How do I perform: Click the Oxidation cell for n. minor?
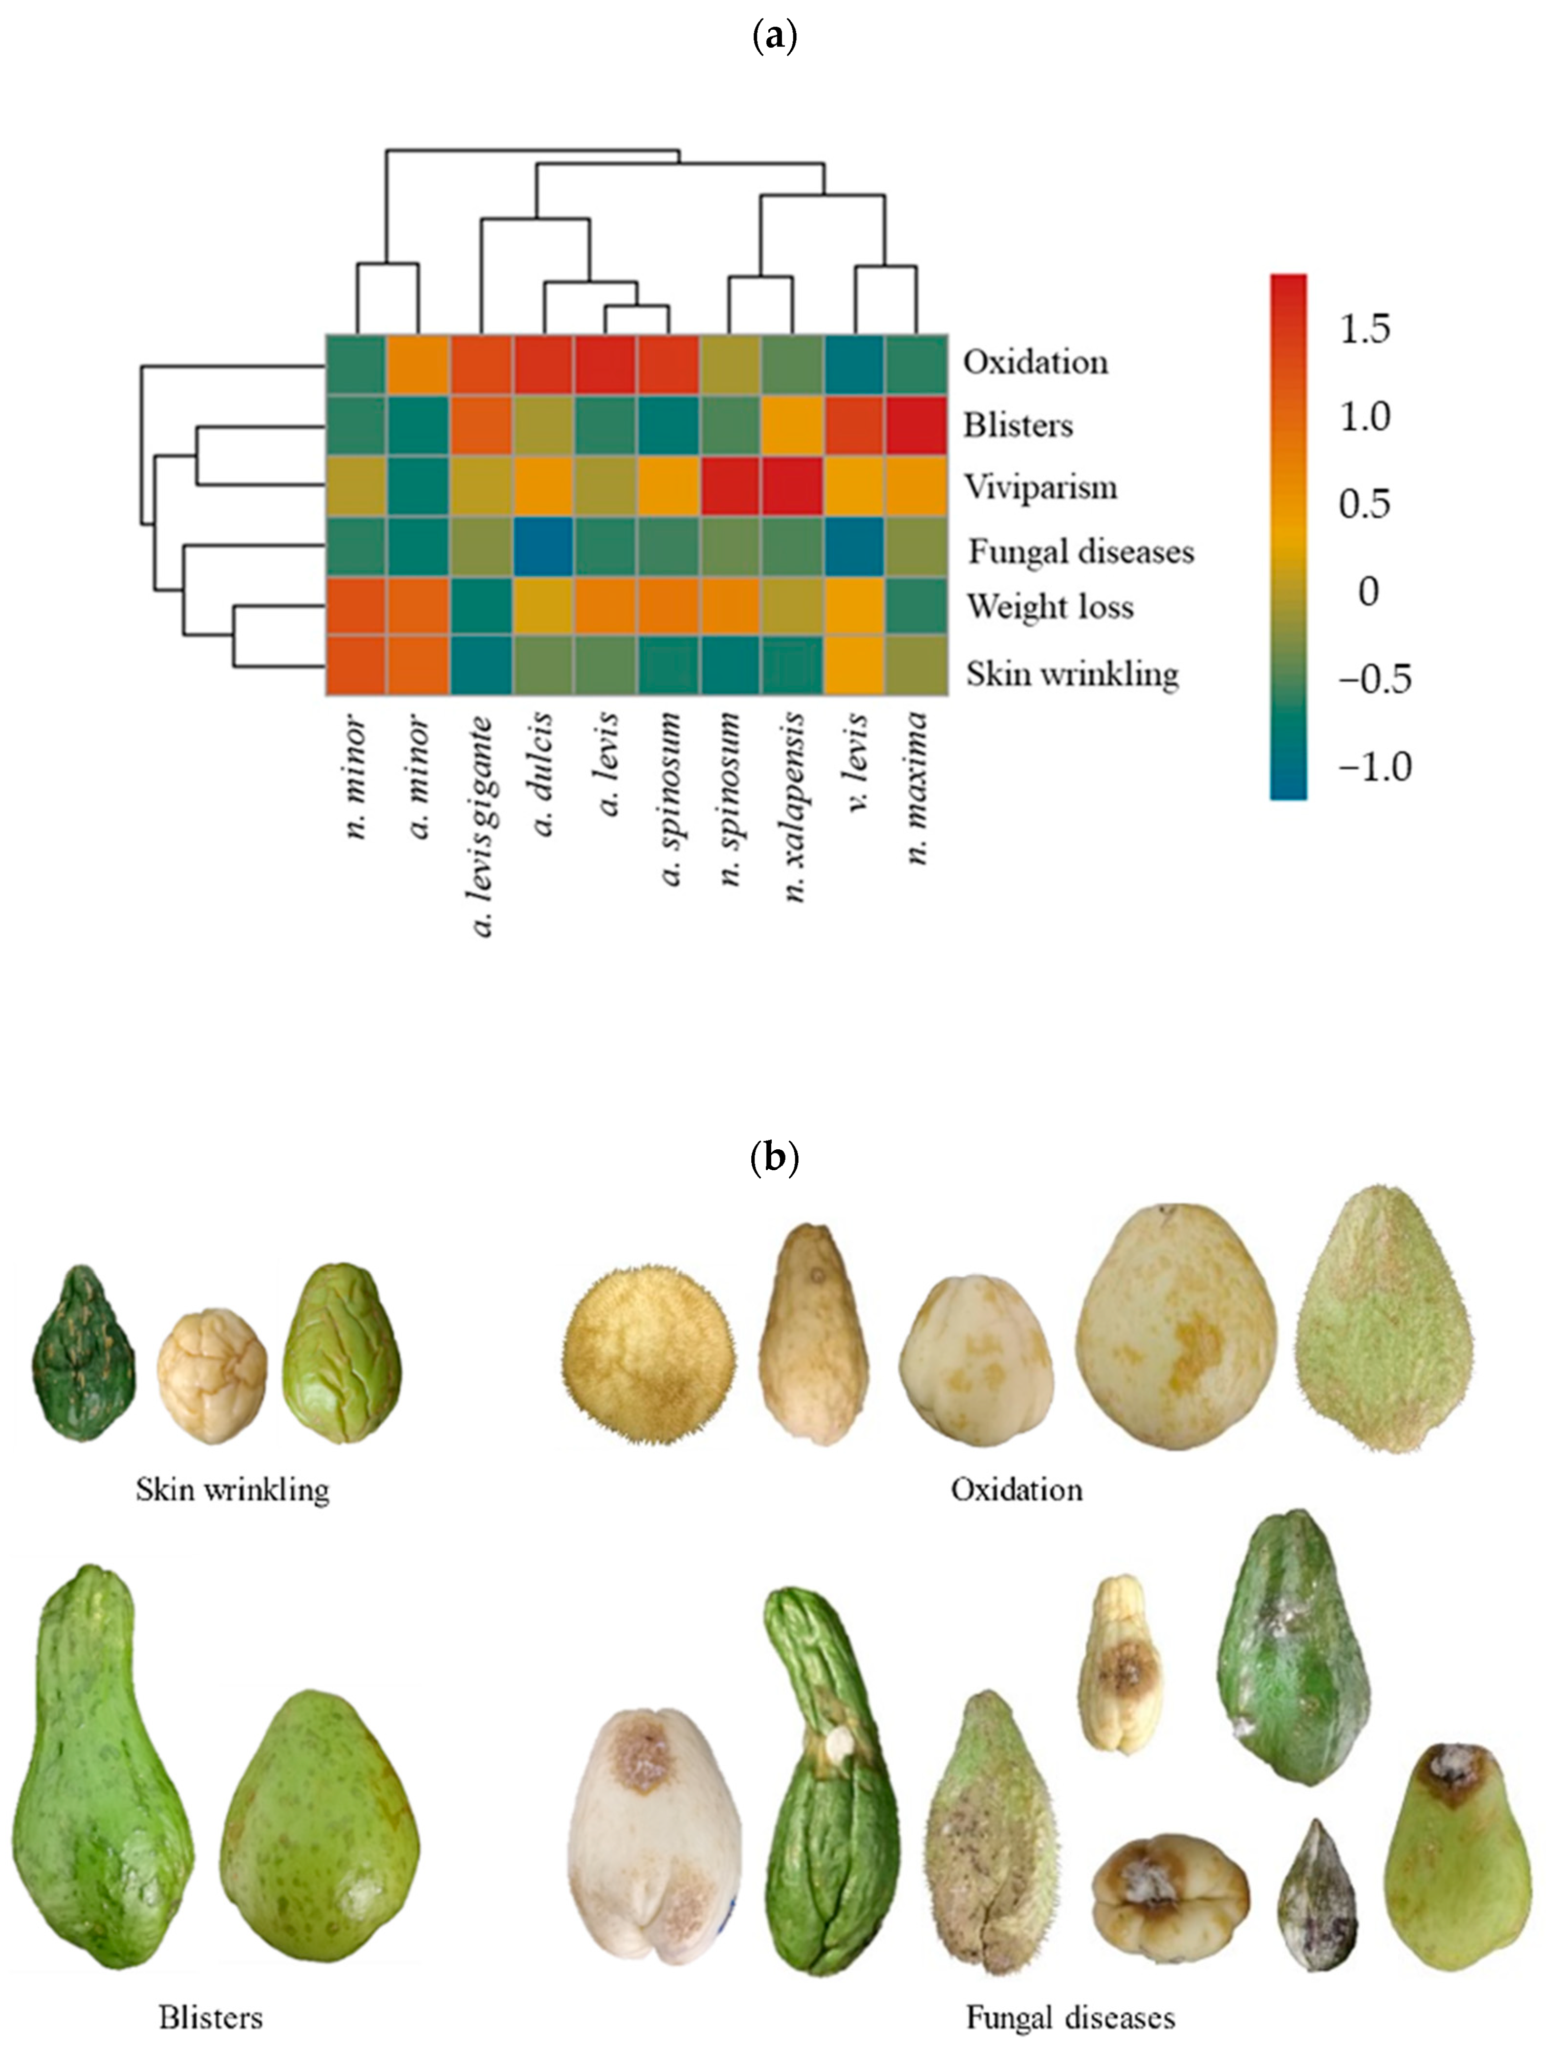tap(356, 365)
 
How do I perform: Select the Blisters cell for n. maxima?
tap(917, 425)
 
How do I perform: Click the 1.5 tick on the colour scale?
tap(1364, 329)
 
